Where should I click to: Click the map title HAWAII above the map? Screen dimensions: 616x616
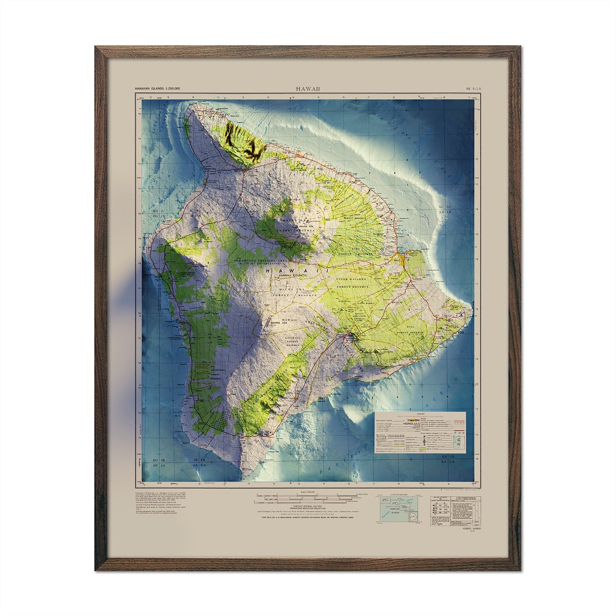pyautogui.click(x=308, y=89)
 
